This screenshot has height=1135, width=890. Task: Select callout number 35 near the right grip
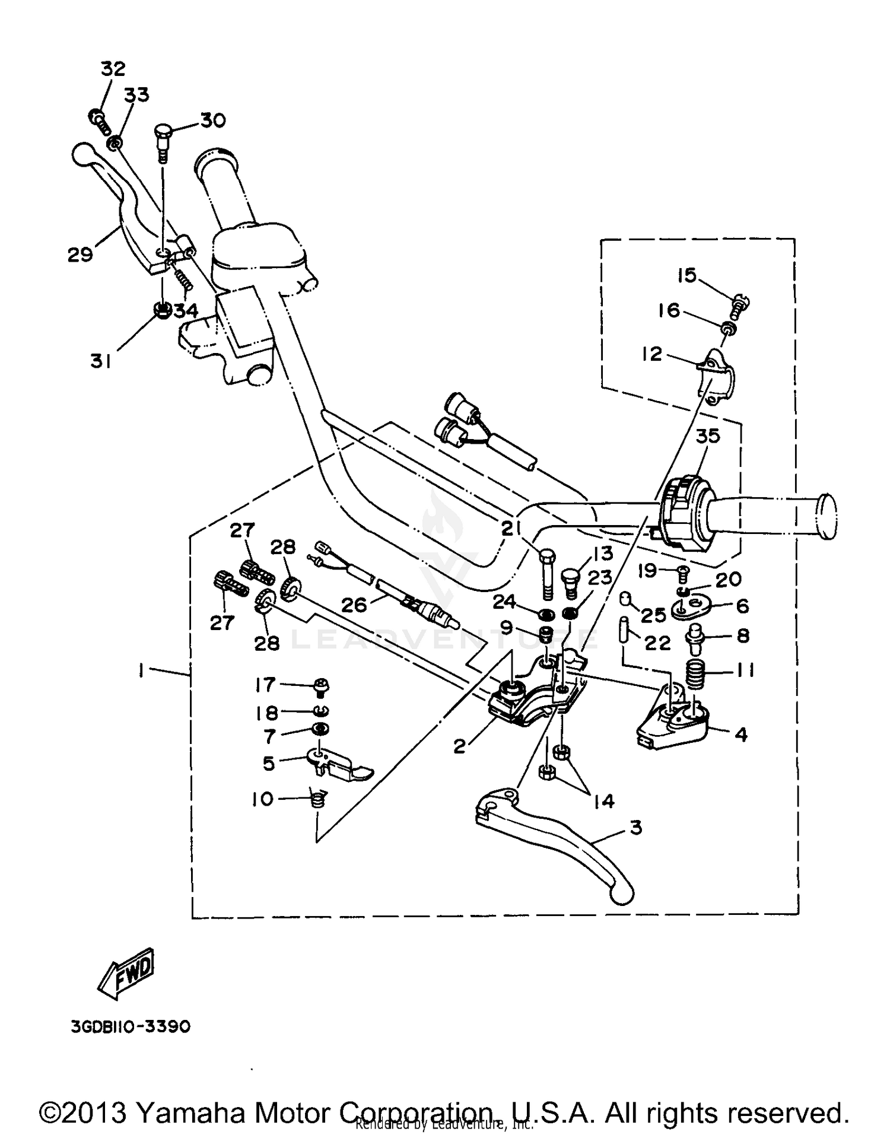point(707,436)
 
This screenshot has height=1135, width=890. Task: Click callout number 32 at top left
point(113,69)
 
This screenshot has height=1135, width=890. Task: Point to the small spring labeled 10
point(318,800)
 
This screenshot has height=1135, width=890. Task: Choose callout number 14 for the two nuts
point(603,802)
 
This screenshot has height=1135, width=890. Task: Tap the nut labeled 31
point(161,310)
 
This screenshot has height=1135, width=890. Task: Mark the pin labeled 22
point(624,631)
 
